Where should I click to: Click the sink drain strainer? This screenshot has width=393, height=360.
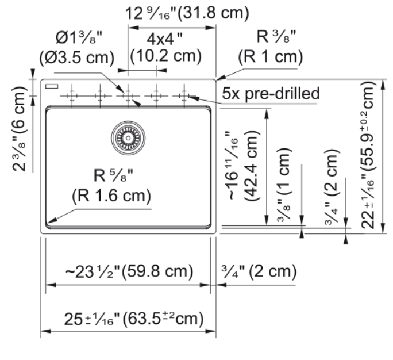[128, 138]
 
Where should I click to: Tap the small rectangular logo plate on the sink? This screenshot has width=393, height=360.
[52, 87]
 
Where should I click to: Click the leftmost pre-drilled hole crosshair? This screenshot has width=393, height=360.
[72, 95]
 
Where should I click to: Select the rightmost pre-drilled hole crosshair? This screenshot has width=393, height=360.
[184, 95]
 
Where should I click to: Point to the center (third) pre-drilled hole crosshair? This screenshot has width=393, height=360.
[128, 95]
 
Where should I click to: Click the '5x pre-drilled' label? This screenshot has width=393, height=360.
[271, 93]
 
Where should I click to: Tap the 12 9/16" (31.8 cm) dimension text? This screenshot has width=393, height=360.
[187, 13]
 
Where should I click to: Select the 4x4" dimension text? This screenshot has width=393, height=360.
[164, 39]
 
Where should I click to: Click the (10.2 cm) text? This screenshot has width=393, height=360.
[166, 56]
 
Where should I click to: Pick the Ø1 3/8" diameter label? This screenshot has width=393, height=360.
[79, 38]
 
